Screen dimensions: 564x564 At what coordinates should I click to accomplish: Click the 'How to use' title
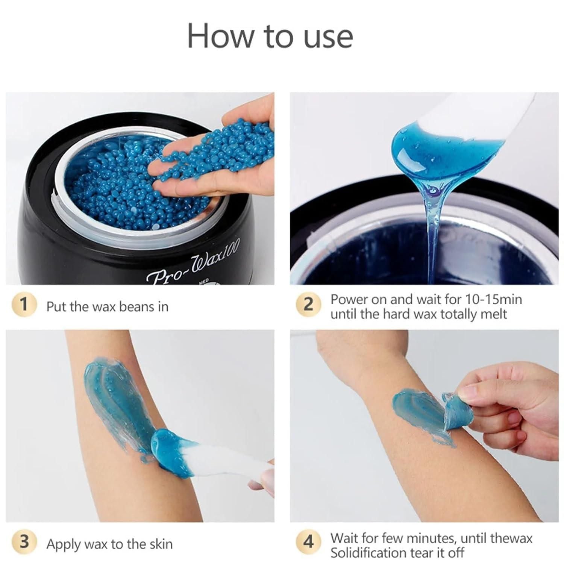tap(270, 36)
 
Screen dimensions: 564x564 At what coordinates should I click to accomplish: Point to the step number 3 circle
tap(24, 542)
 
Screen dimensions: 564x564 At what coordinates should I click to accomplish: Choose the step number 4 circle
tap(308, 542)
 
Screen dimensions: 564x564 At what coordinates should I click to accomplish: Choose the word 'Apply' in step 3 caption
tap(63, 545)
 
